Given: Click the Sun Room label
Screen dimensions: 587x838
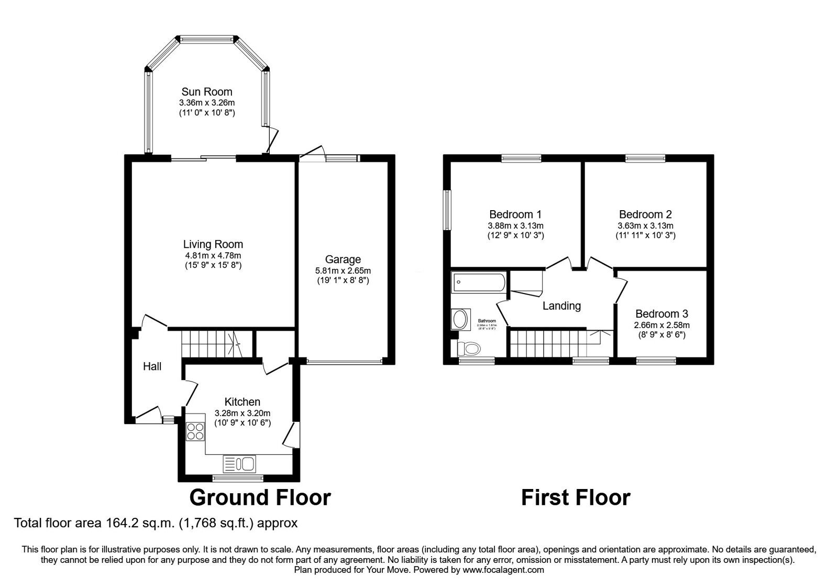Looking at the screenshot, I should tap(207, 92).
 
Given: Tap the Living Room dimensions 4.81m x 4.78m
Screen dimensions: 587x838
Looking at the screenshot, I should tap(213, 255).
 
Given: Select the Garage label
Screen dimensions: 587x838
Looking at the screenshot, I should tap(343, 259).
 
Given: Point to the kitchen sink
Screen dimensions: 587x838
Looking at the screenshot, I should tap(240, 463).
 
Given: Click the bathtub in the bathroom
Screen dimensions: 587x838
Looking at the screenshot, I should tap(478, 284).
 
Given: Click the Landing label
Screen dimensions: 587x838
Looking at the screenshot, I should tap(561, 306).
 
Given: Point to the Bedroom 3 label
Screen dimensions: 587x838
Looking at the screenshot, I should tap(661, 314).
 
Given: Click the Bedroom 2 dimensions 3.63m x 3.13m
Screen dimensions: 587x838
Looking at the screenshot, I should tap(645, 226).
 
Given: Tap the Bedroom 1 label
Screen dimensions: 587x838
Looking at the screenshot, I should tap(515, 214).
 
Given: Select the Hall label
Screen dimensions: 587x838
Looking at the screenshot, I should tap(152, 367).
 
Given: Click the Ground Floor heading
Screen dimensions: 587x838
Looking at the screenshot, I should tap(260, 497).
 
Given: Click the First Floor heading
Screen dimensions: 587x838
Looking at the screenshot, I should tap(576, 497).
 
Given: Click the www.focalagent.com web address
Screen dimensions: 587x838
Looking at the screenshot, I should tap(503, 570).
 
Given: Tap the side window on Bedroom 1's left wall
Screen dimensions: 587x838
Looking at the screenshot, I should tap(448, 210).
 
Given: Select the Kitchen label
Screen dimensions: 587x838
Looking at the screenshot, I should tap(242, 402).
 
